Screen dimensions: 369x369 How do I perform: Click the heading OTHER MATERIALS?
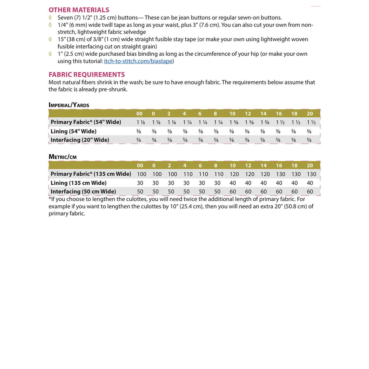click(79, 10)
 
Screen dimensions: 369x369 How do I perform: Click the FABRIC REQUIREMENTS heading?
click(87, 75)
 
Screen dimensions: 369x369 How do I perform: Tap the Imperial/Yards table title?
click(69, 105)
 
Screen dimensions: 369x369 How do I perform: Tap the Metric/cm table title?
click(63, 157)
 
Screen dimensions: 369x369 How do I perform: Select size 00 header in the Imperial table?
click(139, 114)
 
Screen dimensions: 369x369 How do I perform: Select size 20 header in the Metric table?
click(310, 165)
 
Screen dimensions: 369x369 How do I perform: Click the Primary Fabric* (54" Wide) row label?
click(86, 122)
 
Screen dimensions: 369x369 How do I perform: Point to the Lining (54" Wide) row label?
click(73, 131)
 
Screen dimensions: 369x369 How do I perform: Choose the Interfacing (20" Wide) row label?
click(80, 140)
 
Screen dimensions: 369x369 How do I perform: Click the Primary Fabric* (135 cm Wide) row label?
click(91, 174)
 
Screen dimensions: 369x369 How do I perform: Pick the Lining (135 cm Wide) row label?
click(79, 183)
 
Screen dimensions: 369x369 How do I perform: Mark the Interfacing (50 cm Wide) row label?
click(83, 192)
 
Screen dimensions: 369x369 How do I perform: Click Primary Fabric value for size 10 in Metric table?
click(232, 174)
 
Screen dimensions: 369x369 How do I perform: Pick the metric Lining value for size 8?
click(217, 183)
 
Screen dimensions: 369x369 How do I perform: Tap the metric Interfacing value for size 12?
click(248, 192)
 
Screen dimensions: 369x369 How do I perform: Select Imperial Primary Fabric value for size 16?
click(279, 122)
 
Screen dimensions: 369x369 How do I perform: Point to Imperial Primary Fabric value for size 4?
click(184, 122)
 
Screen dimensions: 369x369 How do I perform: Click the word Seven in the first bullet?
click(65, 18)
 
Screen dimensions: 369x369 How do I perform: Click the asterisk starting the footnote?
click(50, 199)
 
